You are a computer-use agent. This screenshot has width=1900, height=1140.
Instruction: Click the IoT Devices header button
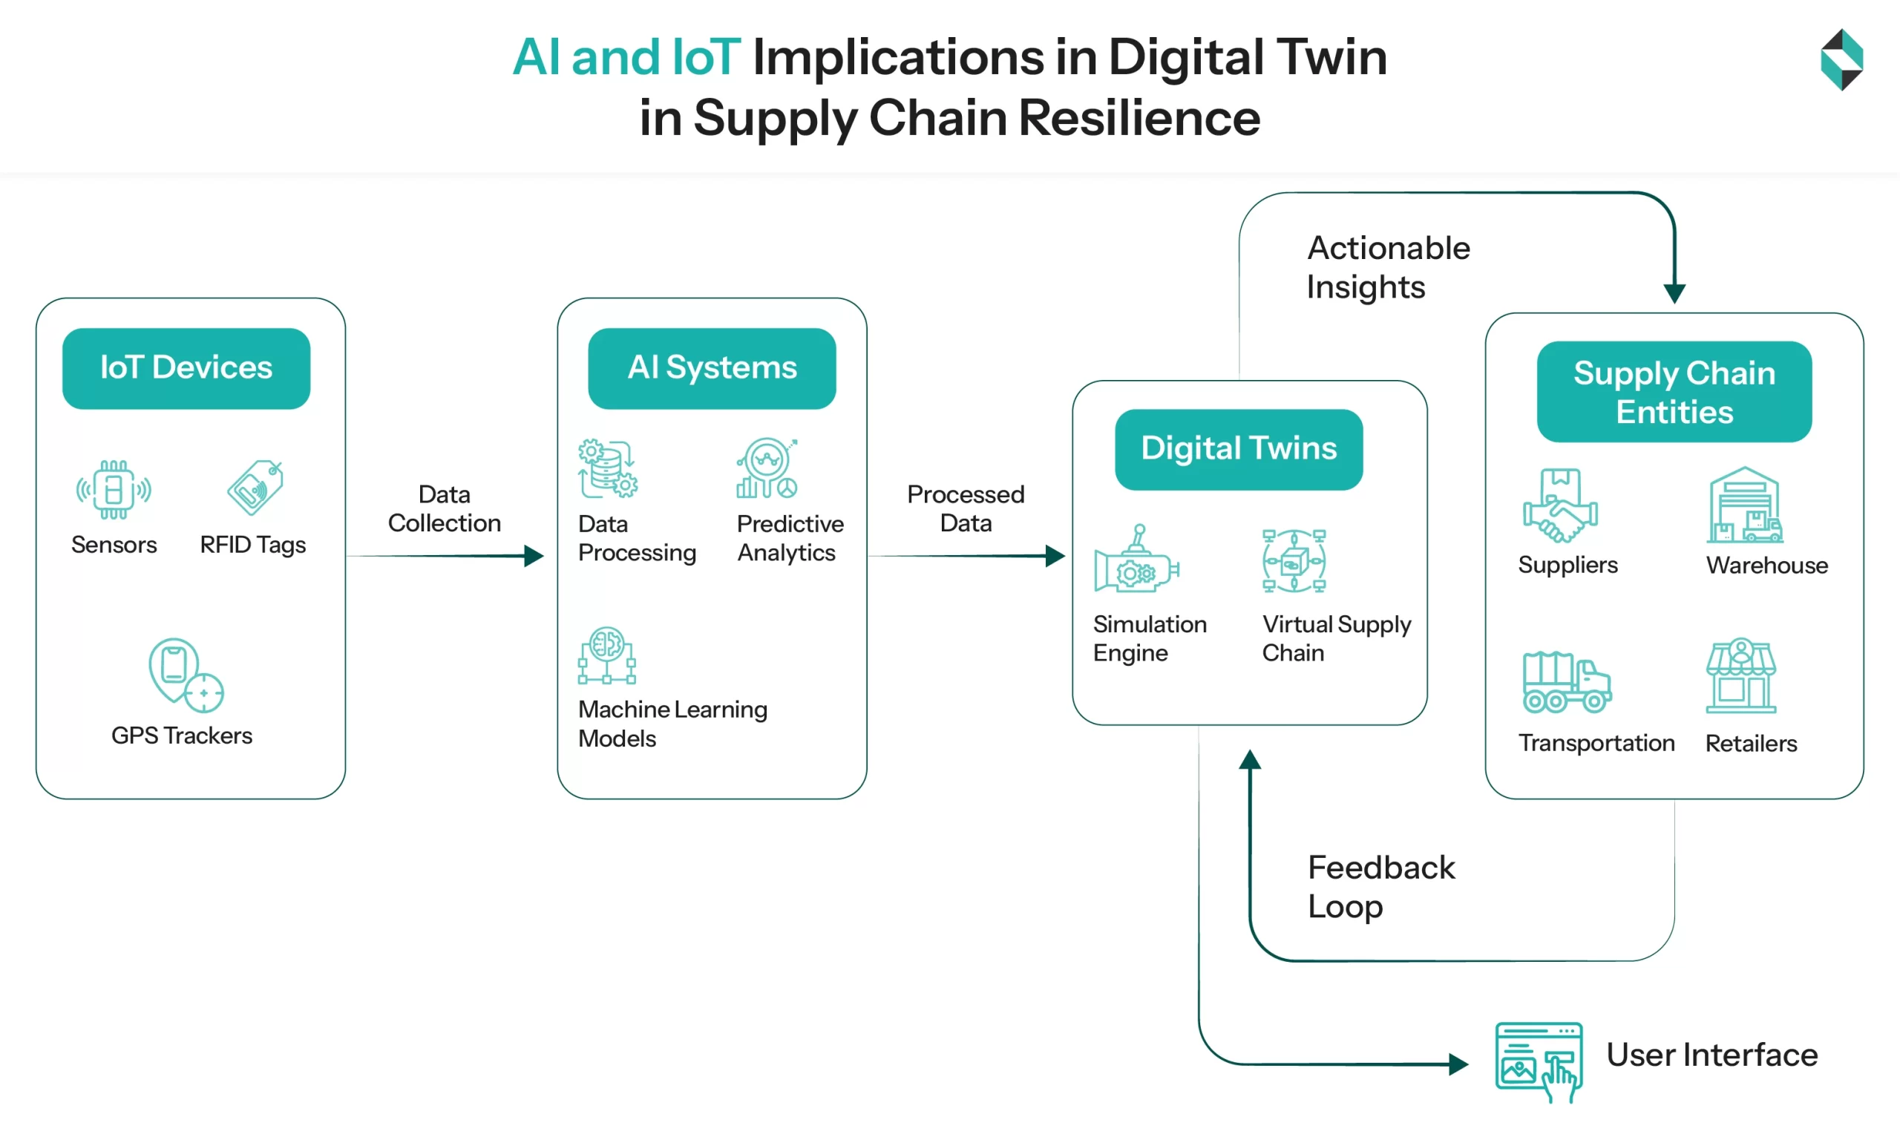coord(186,368)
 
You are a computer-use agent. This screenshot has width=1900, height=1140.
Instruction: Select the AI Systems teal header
coord(712,368)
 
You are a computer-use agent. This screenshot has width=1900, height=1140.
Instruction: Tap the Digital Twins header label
coord(1239,448)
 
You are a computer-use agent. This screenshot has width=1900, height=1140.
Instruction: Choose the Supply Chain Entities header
coord(1674,392)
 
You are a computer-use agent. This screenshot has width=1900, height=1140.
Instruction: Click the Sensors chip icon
coord(114,489)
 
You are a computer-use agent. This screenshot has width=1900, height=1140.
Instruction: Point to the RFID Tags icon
coord(255,488)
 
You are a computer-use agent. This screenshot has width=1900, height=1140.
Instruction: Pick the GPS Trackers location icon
coord(185,675)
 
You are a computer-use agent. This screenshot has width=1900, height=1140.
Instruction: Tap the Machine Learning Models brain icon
coord(606,655)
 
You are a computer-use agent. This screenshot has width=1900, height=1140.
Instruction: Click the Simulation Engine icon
coord(1136,560)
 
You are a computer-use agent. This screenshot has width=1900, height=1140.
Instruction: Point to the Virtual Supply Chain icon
coord(1294,561)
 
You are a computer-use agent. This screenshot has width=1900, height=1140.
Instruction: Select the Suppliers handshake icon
coord(1560,506)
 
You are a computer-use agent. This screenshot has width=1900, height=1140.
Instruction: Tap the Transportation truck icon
coord(1566,682)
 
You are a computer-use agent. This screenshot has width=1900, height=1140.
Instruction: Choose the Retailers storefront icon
coord(1741,676)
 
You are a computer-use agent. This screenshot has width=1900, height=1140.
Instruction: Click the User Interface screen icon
coord(1539,1061)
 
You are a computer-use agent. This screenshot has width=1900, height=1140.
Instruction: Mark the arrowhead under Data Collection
coord(534,555)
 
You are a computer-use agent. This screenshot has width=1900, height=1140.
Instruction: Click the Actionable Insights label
coord(1388,267)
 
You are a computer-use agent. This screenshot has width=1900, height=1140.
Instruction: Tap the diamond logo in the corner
coord(1841,60)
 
